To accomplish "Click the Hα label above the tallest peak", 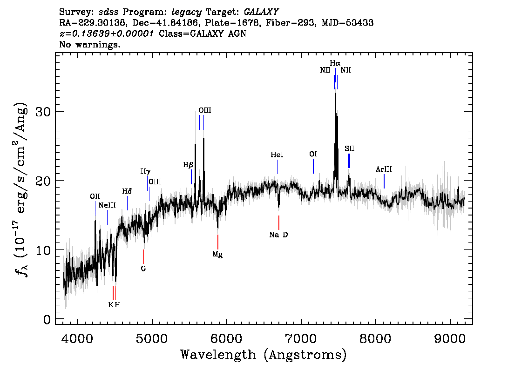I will point(335,63).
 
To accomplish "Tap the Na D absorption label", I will point(278,235).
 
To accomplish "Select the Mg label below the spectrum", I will point(217,254).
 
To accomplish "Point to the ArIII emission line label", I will point(384,169).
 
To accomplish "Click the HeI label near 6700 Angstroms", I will point(277,155).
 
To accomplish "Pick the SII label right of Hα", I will point(350,148).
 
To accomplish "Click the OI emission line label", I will point(313,154).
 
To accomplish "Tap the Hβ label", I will point(188,165).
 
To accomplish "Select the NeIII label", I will point(107,205).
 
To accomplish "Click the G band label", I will point(143,269).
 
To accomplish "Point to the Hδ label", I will point(127,191).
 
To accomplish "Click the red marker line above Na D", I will point(278,222).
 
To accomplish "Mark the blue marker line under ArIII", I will point(384,181).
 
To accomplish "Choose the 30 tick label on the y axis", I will point(42,112).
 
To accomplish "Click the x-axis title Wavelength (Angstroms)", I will point(264,355).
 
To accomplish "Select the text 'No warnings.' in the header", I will point(90,45).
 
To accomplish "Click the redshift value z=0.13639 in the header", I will point(107,34).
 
